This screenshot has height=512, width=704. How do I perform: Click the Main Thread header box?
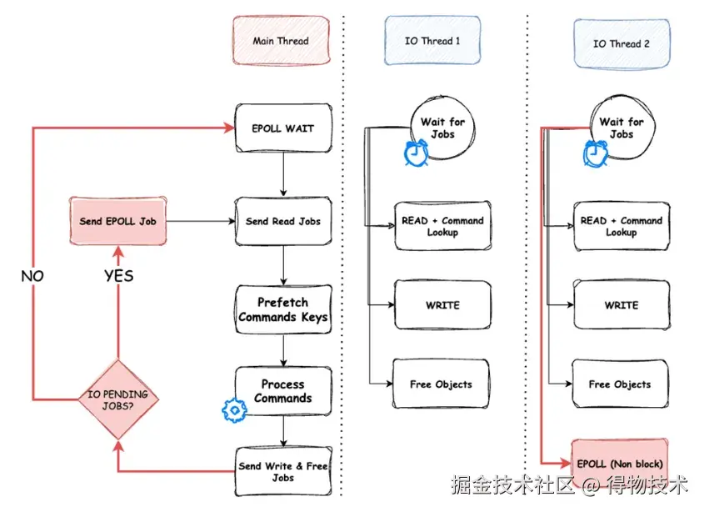[x=281, y=41]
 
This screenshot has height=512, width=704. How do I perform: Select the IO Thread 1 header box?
[x=432, y=41]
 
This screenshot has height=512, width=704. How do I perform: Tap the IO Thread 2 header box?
[x=622, y=43]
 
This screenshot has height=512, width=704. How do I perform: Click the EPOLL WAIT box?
[x=283, y=128]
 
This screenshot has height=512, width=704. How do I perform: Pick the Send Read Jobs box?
[x=283, y=221]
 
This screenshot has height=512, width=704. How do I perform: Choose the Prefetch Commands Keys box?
[x=283, y=309]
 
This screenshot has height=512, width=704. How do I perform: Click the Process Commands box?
[x=283, y=390]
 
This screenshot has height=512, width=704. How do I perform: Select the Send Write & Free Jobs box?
[x=283, y=471]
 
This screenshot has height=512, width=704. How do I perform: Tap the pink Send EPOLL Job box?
[x=117, y=221]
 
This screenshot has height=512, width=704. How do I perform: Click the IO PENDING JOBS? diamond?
[x=118, y=399]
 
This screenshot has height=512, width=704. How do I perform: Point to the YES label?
[x=119, y=275]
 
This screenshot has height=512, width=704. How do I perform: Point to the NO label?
[x=32, y=275]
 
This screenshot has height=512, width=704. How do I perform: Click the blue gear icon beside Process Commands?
[x=234, y=410]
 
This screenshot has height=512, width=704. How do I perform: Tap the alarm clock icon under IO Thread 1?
[x=416, y=153]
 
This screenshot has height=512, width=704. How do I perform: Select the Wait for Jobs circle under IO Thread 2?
[x=622, y=128]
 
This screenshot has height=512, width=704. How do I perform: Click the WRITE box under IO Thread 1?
[x=442, y=304]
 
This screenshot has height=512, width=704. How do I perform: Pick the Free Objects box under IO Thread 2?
[x=620, y=384]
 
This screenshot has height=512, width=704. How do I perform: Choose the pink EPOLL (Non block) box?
[x=620, y=464]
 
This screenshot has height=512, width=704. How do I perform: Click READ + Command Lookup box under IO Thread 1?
[x=442, y=226]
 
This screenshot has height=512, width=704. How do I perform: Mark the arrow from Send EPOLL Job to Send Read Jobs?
[x=201, y=221]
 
